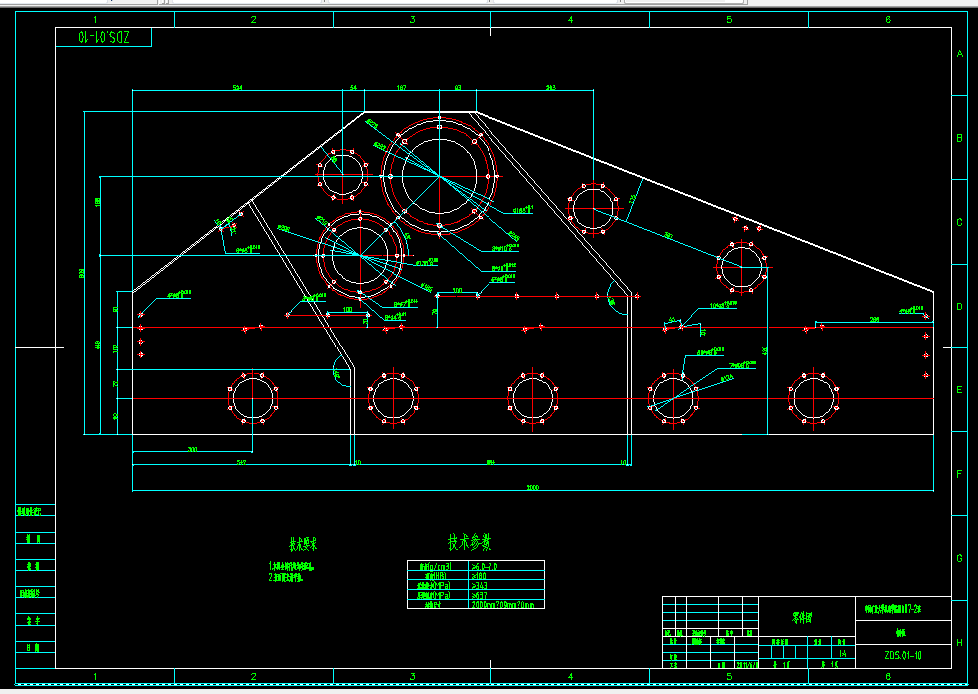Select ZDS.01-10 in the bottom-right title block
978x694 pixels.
(904, 656)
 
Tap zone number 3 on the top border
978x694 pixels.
(412, 19)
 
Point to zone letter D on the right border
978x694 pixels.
(959, 307)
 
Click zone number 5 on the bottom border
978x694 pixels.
(729, 676)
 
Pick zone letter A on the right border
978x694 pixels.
(959, 55)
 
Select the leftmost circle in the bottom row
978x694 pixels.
(250, 398)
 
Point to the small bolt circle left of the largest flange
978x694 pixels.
(345, 176)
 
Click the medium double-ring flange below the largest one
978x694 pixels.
(361, 254)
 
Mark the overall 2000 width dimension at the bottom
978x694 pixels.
(533, 488)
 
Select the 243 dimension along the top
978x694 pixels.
(550, 89)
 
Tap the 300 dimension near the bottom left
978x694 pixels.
(192, 450)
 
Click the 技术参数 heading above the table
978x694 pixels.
(469, 543)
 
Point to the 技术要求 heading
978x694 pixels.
(303, 545)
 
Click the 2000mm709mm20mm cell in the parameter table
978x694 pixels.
(505, 604)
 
